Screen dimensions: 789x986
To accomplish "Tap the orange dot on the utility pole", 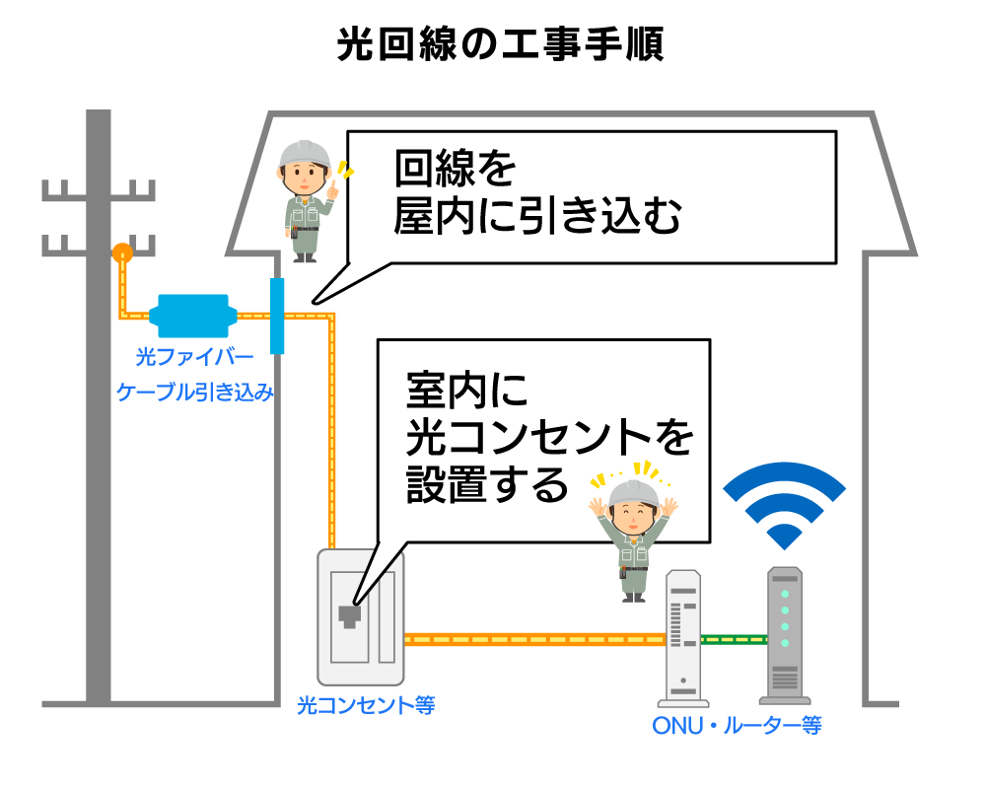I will click(121, 252).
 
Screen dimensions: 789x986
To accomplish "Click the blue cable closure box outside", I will click(193, 317).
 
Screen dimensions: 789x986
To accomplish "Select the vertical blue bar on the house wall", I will click(276, 317).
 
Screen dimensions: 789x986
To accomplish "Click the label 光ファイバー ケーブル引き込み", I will click(194, 374).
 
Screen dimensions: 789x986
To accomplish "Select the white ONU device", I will click(683, 636).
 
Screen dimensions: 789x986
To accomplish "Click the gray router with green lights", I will click(785, 635).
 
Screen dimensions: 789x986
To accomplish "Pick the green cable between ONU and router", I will click(734, 639).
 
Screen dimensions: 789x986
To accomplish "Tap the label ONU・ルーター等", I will click(737, 727).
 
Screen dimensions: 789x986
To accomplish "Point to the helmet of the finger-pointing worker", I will click(305, 153).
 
